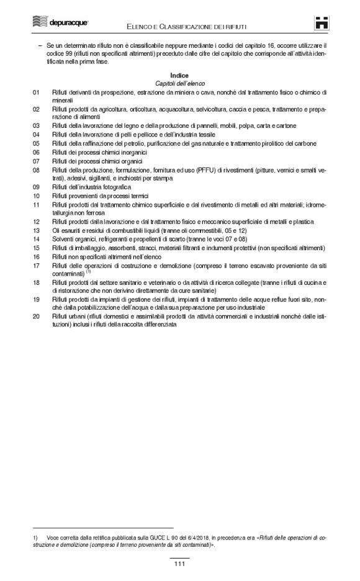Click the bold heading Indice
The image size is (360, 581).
tap(179, 74)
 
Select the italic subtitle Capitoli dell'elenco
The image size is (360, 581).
tap(179, 83)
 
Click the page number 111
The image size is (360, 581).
tap(180, 563)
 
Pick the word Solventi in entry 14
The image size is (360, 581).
tap(63, 239)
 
